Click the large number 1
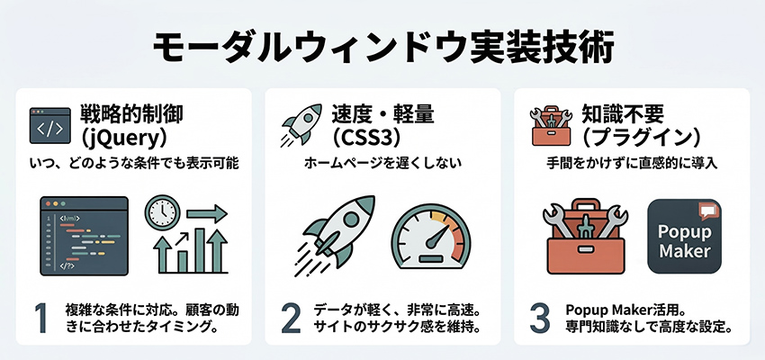[x=40, y=319]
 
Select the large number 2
[x=290, y=319]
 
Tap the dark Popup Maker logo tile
[x=685, y=237]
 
